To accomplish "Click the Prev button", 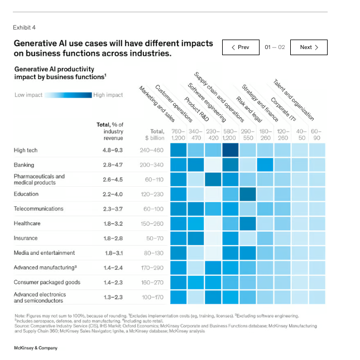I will [240, 47].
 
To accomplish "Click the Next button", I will [309, 47].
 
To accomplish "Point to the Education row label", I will [26, 194].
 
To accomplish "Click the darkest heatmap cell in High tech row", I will [230, 150].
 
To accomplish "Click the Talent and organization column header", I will [293, 100].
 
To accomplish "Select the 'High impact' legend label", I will [108, 95].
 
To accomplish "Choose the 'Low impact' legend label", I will [28, 95].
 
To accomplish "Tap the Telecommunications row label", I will [39, 209].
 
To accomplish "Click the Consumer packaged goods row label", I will [47, 282].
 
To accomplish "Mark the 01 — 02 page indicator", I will [275, 47].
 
